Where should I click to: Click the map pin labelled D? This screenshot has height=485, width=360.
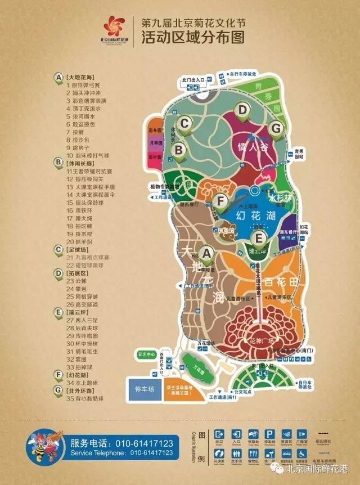pyautogui.click(x=242, y=109)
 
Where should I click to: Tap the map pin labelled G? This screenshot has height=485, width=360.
pyautogui.click(x=275, y=128)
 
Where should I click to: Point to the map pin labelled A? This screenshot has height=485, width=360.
pyautogui.click(x=206, y=254)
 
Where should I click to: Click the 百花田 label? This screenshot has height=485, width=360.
pyautogui.click(x=280, y=280)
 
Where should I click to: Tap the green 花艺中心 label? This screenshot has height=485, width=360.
pyautogui.click(x=146, y=355)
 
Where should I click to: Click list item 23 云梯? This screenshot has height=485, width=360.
pyautogui.click(x=74, y=280)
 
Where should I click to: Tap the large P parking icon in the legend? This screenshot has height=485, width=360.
pyautogui.click(x=269, y=434)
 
